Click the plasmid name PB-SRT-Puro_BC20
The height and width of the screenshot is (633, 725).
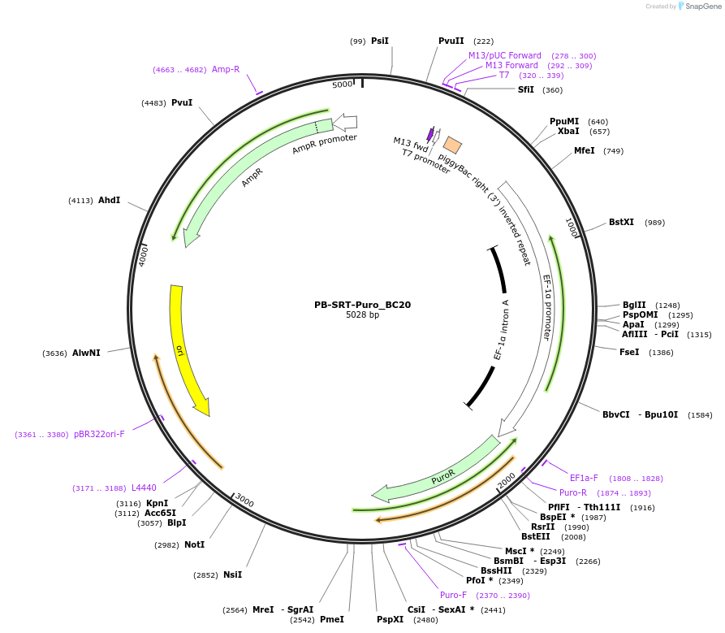[362, 306]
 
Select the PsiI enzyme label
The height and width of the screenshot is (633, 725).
[380, 41]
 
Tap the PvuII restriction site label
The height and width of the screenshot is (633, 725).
[451, 41]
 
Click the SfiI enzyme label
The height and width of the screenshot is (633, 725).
[526, 89]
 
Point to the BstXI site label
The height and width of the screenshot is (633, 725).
[621, 222]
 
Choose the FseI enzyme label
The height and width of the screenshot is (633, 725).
[629, 352]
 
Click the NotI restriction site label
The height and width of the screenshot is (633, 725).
[194, 544]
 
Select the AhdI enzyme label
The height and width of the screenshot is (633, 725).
[109, 200]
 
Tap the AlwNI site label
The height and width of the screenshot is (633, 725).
[86, 353]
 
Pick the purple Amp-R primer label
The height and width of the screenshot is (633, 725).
[226, 70]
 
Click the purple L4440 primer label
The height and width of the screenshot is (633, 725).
[144, 488]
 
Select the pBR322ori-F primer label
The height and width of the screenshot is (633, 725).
[99, 434]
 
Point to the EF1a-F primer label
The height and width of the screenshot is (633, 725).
[584, 478]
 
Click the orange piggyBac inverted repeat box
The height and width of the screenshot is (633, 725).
[452, 145]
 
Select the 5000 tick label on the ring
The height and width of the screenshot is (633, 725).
[343, 85]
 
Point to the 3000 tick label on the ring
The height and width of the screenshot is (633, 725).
[244, 502]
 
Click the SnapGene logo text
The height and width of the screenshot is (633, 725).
[704, 7]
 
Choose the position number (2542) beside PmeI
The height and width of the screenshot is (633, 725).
[302, 619]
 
